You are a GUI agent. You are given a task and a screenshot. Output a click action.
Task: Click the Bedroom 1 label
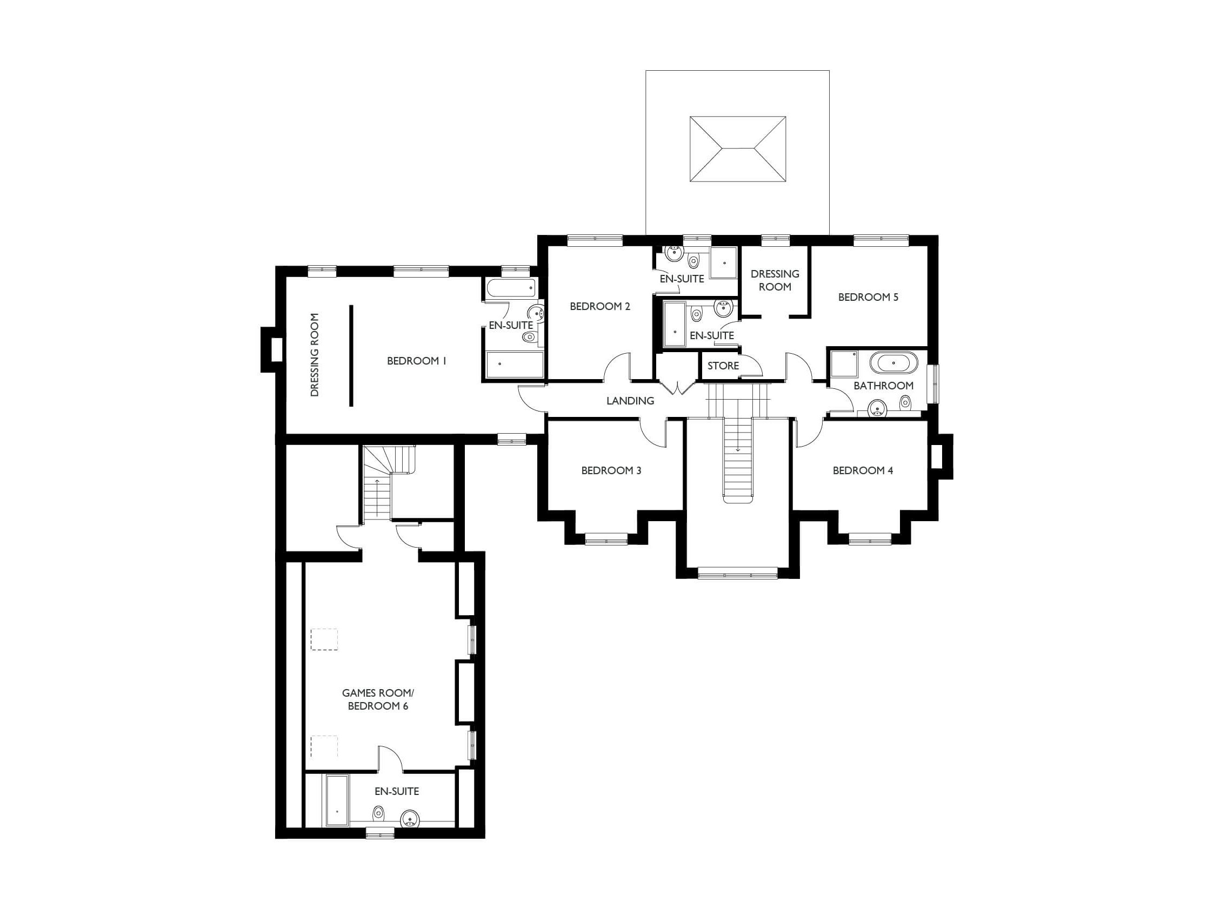417,361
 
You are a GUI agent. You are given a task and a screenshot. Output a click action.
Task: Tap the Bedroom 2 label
600,306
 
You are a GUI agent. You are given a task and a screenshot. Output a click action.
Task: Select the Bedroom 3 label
611,470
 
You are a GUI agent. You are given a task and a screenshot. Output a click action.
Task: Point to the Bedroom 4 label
863,470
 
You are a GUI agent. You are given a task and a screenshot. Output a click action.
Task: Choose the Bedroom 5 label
868,297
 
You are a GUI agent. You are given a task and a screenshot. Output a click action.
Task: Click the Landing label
630,401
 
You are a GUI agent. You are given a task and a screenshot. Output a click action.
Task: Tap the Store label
723,366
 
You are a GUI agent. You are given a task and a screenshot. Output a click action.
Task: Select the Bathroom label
884,386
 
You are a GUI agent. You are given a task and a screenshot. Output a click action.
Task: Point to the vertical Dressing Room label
315,355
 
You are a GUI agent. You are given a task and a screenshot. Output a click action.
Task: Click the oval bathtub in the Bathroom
893,363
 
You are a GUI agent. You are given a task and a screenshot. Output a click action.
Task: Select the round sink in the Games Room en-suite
410,819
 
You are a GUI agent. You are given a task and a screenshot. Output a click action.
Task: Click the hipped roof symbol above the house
738,149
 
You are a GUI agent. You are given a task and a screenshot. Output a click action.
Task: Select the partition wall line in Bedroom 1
351,355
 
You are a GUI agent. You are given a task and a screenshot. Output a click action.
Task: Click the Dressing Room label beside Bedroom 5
775,280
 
